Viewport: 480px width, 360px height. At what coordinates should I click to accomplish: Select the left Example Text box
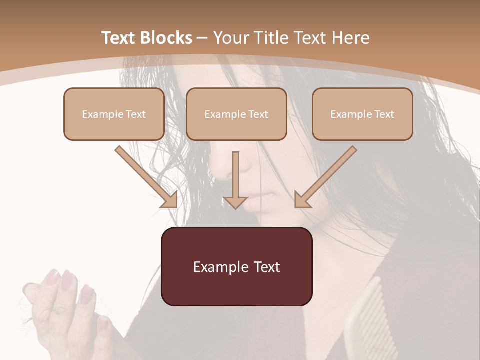click(114, 114)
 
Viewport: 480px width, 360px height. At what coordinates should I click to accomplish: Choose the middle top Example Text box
click(236, 114)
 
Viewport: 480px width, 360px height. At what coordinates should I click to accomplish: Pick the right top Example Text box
click(362, 114)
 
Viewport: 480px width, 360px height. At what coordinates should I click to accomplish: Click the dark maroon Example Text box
click(236, 267)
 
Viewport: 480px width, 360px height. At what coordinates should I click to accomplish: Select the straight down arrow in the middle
click(235, 177)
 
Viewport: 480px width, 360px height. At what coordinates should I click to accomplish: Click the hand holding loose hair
click(70, 310)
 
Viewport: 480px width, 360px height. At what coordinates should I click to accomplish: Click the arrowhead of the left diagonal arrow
click(170, 200)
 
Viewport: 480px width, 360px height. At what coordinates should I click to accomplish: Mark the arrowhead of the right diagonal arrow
click(302, 200)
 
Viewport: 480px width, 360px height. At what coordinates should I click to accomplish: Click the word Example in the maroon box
click(216, 267)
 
